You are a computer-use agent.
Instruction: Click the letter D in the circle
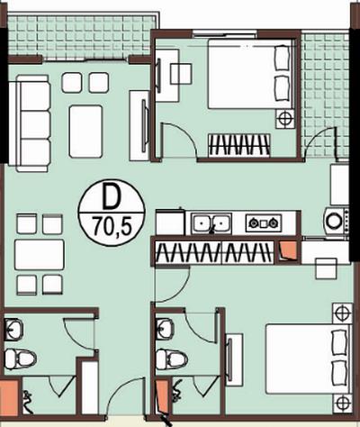tap(111, 197)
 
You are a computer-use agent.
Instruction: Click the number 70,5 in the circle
tap(112, 225)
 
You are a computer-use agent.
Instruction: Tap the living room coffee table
tap(85, 132)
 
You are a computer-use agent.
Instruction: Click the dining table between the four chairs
tap(40, 255)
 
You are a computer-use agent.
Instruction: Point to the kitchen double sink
tap(212, 223)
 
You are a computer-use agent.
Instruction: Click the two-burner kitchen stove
tap(264, 223)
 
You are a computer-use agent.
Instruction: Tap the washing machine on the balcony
tap(336, 221)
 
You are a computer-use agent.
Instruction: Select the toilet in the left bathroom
tap(21, 358)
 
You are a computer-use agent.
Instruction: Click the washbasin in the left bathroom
tap(13, 330)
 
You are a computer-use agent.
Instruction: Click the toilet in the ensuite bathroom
tap(172, 358)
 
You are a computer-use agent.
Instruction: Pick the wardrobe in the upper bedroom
tap(239, 145)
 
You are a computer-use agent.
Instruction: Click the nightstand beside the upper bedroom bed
tap(285, 119)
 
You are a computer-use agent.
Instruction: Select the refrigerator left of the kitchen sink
tap(170, 223)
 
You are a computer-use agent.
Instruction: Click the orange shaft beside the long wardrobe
tap(288, 251)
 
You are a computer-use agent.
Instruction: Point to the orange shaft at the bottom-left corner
tap(9, 398)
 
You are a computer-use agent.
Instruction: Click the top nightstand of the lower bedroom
tap(342, 313)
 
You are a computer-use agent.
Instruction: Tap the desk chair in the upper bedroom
tap(181, 74)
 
